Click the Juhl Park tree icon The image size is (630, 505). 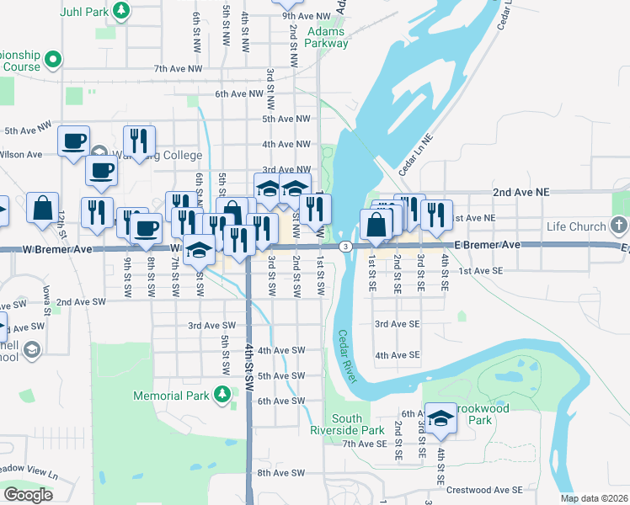tap(122, 11)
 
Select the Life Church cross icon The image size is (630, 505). tap(619, 226)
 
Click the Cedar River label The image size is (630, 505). tap(349, 356)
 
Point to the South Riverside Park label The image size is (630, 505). tap(358, 424)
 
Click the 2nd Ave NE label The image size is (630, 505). tap(521, 192)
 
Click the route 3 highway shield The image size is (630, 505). tap(345, 247)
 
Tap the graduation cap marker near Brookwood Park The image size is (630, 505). tap(440, 417)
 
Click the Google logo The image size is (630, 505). tap(28, 495)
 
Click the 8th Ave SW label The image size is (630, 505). tap(280, 473)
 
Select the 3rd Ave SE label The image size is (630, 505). tap(396, 323)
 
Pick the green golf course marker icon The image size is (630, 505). tap(53, 60)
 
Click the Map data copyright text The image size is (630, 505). tap(594, 498)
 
